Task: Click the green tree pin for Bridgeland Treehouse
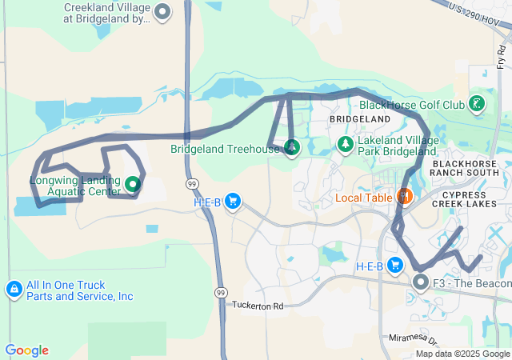tap(292, 147)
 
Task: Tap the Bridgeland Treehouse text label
tap(225, 149)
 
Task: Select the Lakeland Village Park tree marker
tap(345, 144)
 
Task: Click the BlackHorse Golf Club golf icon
tap(477, 104)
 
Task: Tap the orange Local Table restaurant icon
tap(404, 196)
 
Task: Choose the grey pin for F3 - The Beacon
tap(421, 282)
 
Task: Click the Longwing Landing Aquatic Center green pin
tap(133, 185)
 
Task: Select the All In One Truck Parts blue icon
tap(14, 289)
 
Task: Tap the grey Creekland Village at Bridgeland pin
tap(162, 12)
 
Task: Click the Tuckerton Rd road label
tap(258, 306)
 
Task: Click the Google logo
tap(26, 350)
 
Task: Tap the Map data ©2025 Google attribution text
tap(462, 354)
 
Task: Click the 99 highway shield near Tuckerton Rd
tap(220, 293)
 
